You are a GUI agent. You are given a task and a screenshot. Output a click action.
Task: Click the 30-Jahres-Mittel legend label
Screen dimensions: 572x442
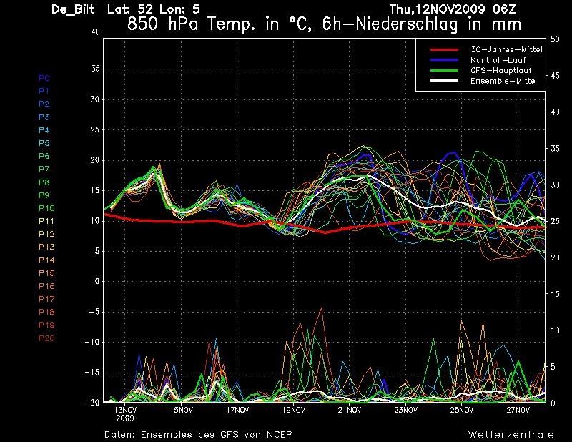point(506,49)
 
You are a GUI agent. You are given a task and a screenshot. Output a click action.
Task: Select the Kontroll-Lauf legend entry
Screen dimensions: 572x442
point(498,60)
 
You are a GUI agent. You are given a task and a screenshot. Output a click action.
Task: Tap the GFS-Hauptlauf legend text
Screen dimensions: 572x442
point(501,70)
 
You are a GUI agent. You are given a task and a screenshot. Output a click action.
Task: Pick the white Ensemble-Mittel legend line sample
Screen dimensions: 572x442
point(444,81)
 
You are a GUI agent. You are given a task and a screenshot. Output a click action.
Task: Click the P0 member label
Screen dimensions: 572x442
point(44,78)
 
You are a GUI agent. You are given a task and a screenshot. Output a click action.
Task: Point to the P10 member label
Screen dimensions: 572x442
point(46,208)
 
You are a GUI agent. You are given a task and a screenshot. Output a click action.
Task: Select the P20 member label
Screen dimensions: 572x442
point(46,338)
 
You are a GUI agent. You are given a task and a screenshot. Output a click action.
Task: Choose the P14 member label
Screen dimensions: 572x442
point(46,260)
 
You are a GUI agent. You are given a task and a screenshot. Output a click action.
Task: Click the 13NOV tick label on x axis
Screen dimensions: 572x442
point(125,410)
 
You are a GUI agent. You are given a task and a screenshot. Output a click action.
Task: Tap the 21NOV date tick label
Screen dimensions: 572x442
point(350,410)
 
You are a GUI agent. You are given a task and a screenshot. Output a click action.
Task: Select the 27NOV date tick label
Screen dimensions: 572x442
point(518,410)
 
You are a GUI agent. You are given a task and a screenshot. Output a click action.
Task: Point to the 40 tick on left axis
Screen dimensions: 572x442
point(95,32)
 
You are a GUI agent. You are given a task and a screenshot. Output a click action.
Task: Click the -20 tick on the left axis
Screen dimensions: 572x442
point(92,402)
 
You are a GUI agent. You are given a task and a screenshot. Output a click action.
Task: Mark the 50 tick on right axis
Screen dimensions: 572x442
point(555,39)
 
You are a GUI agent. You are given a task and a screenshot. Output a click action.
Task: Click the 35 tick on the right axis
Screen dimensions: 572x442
point(555,149)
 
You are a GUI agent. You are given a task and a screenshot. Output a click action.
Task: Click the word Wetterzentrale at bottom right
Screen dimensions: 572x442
point(511,434)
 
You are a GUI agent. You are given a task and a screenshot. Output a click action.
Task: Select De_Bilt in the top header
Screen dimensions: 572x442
point(73,9)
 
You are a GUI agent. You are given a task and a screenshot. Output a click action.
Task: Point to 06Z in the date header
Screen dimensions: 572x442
point(504,9)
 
